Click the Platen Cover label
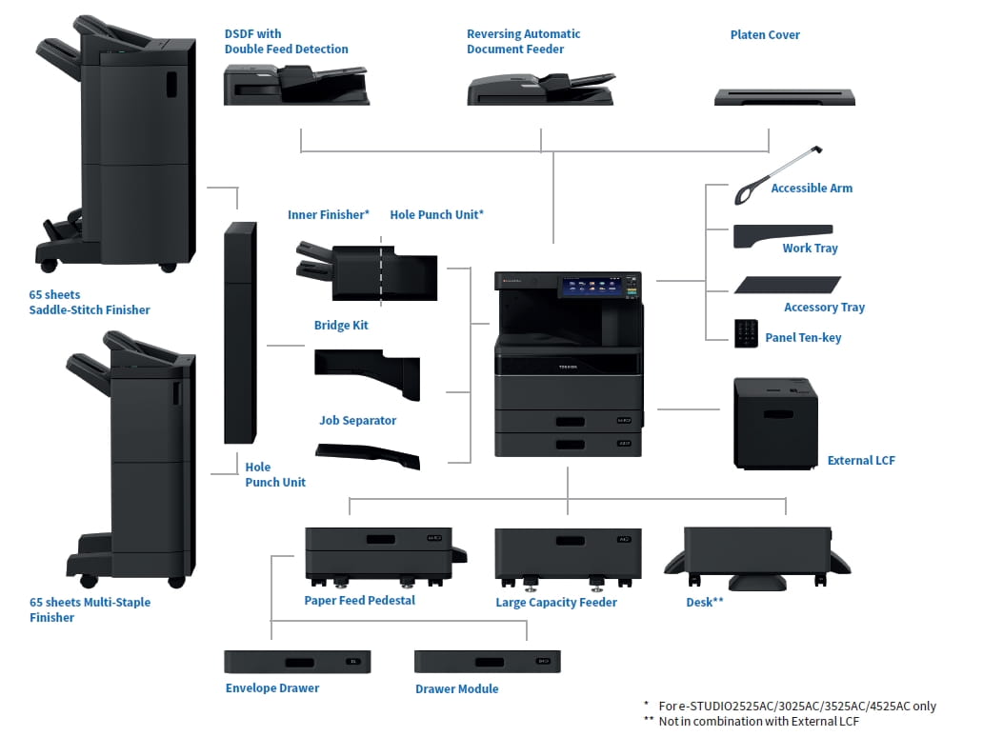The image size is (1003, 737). pos(765,35)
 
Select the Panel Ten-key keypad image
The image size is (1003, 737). pos(746,332)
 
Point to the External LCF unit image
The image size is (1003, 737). pos(774,422)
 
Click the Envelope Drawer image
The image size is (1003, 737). pos(297,662)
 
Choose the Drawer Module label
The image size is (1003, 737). pos(456,688)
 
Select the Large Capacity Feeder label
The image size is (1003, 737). pos(556,602)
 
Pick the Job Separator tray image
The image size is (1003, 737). pos(368,455)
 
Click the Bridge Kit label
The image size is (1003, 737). pos(341,326)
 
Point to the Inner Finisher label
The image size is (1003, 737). pos(328,215)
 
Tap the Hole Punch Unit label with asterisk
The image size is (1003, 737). pos(436,215)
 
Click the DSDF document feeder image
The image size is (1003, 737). pos(295,85)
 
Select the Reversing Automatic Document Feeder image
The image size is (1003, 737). pos(540,89)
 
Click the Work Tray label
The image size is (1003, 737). pos(810,248)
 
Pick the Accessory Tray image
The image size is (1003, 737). pos(787,286)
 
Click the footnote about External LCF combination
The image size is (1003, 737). pos(758,721)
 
